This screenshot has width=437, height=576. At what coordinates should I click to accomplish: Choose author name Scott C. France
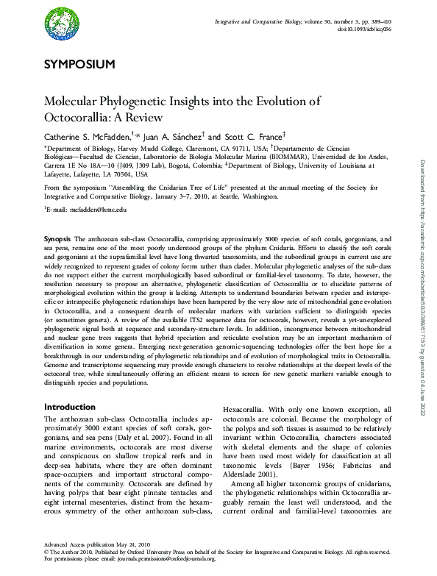coord(247,136)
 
